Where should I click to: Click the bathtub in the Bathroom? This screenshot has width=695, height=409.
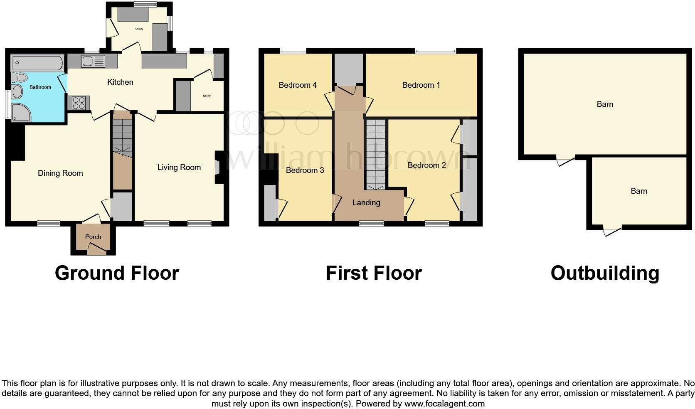[x=37, y=63]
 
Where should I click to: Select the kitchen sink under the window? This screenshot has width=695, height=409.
[x=93, y=62]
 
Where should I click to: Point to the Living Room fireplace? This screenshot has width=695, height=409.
[x=219, y=167]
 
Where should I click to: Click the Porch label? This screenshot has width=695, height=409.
[x=93, y=237]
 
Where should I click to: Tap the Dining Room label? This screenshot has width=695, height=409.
[x=60, y=173]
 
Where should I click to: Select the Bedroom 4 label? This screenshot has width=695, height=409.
[x=298, y=85]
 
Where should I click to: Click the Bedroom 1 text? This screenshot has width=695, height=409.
[x=421, y=85]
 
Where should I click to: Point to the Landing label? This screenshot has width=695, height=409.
[x=366, y=203]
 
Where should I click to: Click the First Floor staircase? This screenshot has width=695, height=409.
[x=376, y=154]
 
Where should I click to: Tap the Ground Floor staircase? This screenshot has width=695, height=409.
[x=122, y=137]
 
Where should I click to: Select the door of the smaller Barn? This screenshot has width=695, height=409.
[x=612, y=230]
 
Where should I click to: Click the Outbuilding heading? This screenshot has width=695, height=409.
[x=605, y=273]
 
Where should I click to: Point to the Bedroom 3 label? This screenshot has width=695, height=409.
[x=305, y=170]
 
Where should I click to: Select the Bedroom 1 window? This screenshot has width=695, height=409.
[x=435, y=51]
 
